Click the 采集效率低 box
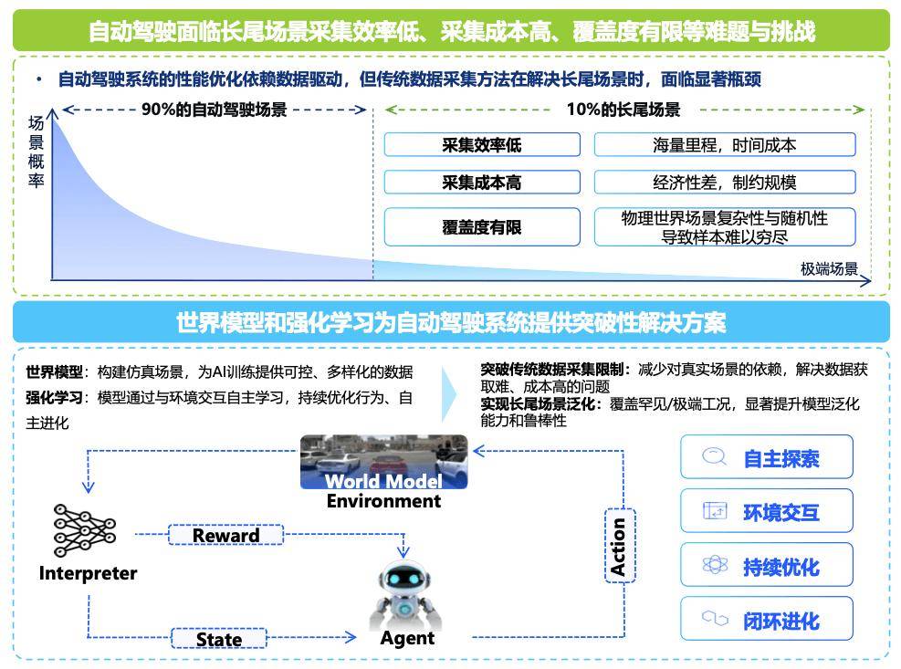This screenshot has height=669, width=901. [x=481, y=144]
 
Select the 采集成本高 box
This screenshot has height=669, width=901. [x=481, y=182]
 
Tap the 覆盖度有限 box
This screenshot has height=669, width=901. [x=481, y=226]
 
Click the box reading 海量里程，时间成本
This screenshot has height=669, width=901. [x=724, y=144]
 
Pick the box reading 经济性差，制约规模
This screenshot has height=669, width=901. [x=724, y=182]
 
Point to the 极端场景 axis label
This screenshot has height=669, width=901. [x=829, y=268]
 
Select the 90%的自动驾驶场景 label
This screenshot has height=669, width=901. [x=214, y=110]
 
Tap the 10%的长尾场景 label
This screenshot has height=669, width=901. [x=623, y=110]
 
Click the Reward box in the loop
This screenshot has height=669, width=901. [x=225, y=535]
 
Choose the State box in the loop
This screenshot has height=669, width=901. [x=219, y=639]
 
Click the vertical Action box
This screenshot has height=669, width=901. [x=619, y=547]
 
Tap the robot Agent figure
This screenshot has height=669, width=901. [x=405, y=593]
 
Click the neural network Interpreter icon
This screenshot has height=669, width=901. [x=86, y=529]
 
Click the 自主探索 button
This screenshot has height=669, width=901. [x=766, y=457]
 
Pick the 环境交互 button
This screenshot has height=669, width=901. [x=766, y=511]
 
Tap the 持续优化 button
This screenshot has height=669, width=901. [x=766, y=566]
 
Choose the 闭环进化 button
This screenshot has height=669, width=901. [x=766, y=620]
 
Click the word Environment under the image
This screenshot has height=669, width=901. [x=383, y=501]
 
